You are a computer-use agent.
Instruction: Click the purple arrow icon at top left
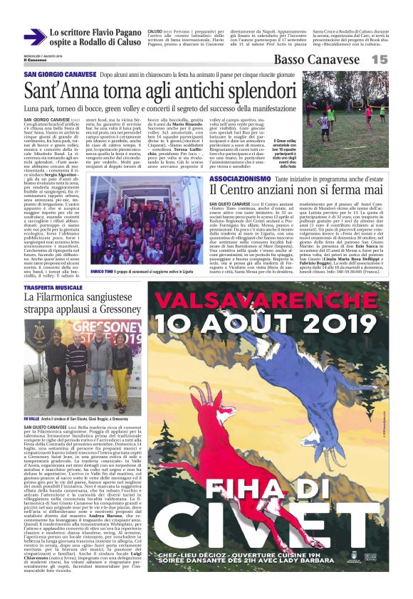33,37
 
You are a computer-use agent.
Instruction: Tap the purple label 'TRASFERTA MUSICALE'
55,286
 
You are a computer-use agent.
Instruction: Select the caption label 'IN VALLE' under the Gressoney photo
33,419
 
